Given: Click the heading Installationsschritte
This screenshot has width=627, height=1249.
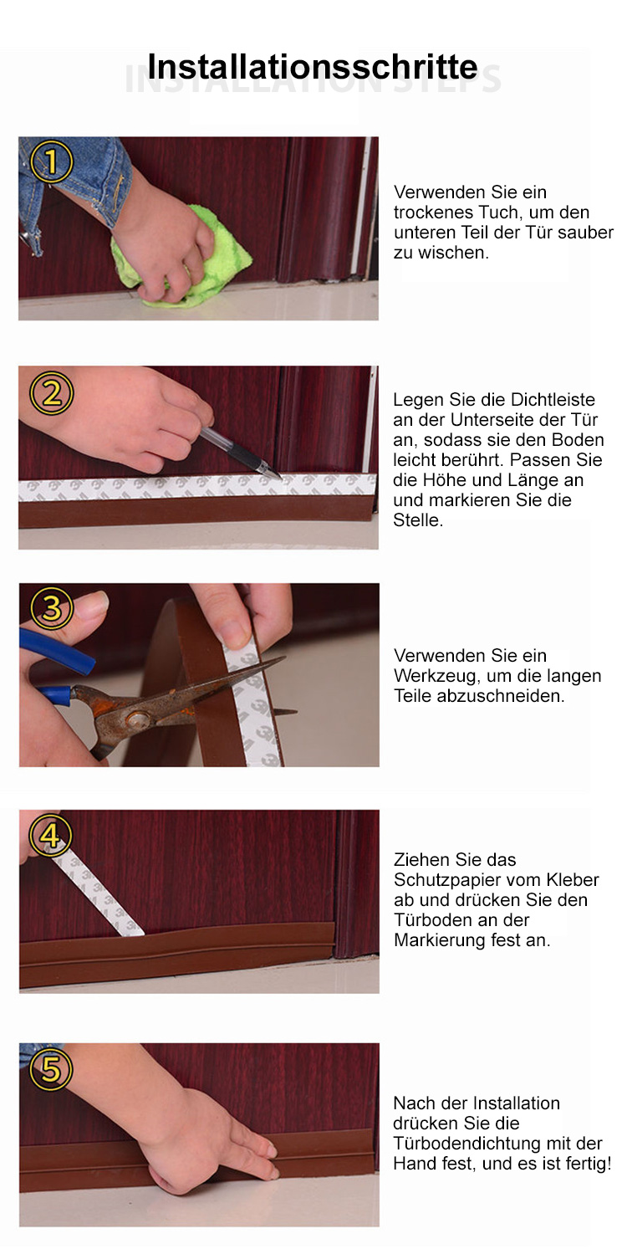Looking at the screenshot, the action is (312, 67).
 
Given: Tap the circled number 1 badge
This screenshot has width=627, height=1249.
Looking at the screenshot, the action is (51, 161).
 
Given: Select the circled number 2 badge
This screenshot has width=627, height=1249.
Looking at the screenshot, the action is (51, 394).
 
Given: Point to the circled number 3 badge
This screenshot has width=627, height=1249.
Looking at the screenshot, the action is (52, 608).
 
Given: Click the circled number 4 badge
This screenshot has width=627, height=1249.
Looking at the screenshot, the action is (51, 836).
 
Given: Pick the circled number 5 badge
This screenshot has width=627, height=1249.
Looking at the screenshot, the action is (51, 1069).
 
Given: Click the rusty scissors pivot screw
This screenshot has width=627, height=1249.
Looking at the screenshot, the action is (135, 719).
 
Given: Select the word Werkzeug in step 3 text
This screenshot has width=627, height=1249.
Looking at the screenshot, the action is (436, 676).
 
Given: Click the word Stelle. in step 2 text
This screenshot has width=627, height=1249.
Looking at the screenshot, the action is (418, 520).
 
